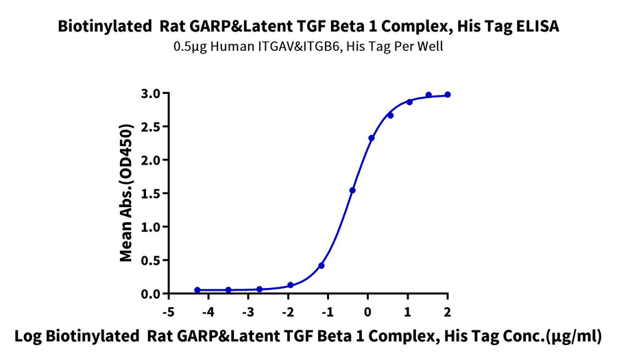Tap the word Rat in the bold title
coord(171,27)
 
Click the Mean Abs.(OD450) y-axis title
coord(126,193)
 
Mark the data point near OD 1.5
coord(352,190)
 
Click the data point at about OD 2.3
coord(372,138)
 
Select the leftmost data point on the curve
coord(197,290)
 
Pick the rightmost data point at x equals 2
coord(448,95)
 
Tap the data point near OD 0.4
coord(322,265)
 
